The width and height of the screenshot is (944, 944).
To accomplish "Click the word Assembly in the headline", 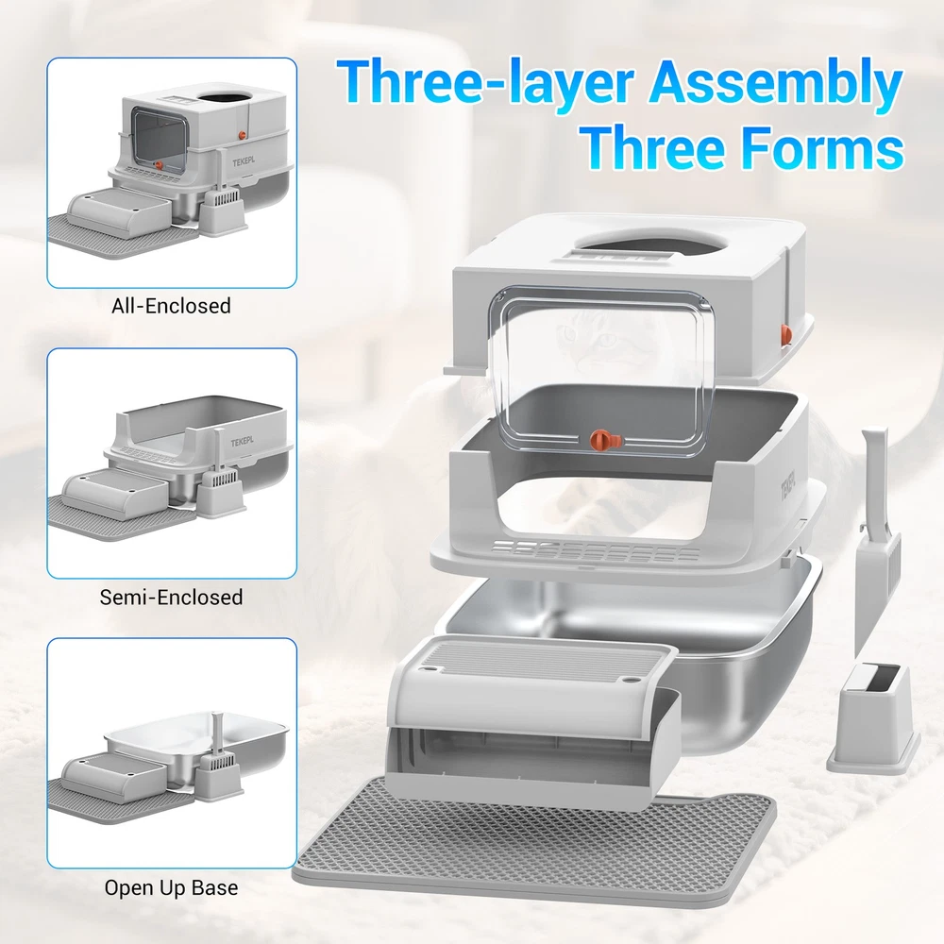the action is [x=775, y=83].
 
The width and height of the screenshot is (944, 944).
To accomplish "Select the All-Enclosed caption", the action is [x=171, y=306].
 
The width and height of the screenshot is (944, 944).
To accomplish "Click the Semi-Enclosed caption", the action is [x=171, y=598].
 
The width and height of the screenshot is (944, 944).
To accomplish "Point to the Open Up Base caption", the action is [x=171, y=888].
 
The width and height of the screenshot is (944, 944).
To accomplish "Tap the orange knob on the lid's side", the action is [x=785, y=333].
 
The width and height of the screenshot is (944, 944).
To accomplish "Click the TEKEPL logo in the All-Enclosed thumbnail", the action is [x=244, y=162].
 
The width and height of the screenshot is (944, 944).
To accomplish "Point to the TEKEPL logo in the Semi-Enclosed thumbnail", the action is [x=242, y=443].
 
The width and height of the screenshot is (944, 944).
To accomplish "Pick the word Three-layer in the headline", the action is [x=485, y=83].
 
